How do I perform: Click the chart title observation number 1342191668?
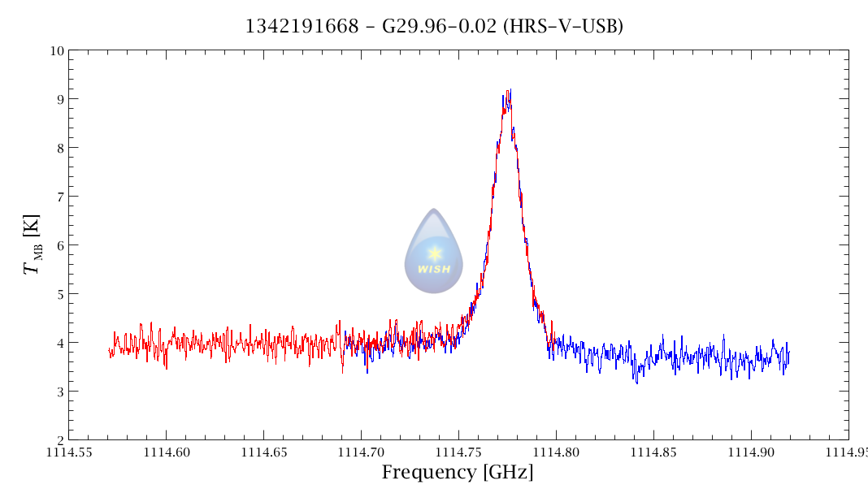[302, 27]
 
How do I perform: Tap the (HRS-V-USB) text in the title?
[563, 27]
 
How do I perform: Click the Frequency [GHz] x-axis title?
[458, 473]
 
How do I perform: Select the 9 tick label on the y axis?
[59, 99]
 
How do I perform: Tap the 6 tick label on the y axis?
[59, 245]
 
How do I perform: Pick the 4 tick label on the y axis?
[59, 343]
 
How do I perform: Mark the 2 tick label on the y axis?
[59, 440]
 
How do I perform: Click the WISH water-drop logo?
[434, 252]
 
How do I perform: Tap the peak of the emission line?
[509, 91]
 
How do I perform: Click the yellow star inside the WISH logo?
[434, 253]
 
